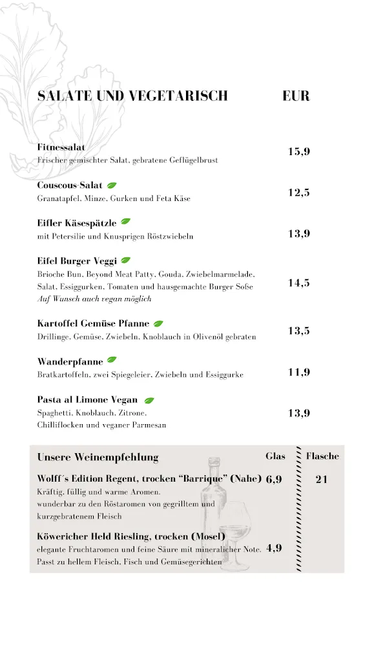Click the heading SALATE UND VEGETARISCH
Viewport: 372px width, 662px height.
click(132, 96)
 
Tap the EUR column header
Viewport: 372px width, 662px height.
click(296, 96)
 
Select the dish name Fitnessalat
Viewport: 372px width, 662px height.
click(61, 147)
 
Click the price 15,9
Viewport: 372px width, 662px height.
click(299, 152)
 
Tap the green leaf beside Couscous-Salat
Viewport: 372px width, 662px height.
click(112, 186)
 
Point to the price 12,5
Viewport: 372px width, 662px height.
click(299, 193)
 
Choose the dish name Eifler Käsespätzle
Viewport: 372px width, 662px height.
click(77, 223)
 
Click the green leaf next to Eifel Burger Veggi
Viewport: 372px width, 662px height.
click(125, 261)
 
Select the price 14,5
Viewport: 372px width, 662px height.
click(299, 283)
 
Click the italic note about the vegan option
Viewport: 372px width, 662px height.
click(94, 299)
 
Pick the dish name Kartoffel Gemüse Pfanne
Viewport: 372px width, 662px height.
click(93, 323)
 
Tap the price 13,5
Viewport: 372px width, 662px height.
click(299, 331)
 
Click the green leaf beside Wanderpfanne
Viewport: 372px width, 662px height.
click(112, 359)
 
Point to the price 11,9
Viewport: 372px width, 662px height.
click(299, 372)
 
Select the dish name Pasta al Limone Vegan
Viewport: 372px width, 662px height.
click(87, 400)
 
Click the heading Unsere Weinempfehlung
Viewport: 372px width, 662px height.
click(98, 457)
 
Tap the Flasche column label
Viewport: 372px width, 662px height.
click(322, 456)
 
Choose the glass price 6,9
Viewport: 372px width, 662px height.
click(274, 480)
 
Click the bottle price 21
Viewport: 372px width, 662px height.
click(322, 480)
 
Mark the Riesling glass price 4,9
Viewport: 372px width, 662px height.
click(274, 549)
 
